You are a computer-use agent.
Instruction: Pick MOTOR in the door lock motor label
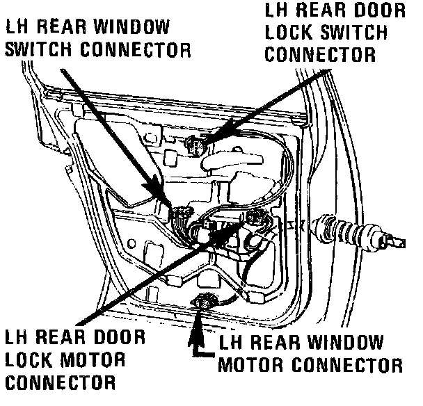point(90,361)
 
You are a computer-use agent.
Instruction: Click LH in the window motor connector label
point(232,343)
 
